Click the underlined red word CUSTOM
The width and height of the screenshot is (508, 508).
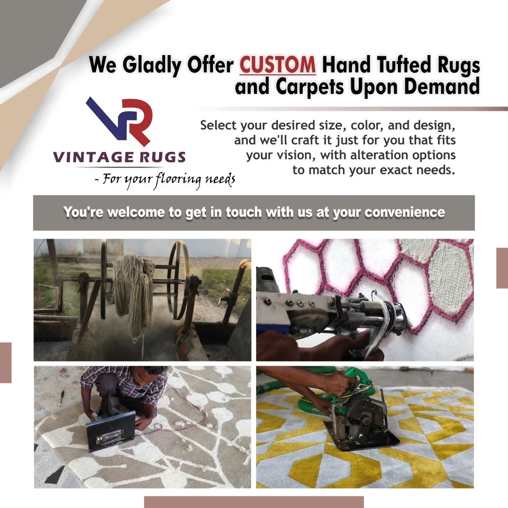coord(277,66)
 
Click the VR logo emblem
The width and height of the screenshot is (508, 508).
coord(120,121)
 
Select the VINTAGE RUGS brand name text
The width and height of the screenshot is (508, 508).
coord(119,157)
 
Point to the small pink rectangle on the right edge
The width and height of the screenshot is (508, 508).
coord(502,268)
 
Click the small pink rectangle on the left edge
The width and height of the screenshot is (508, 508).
coord(5,362)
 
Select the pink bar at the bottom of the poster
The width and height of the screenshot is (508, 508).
coord(253,502)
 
